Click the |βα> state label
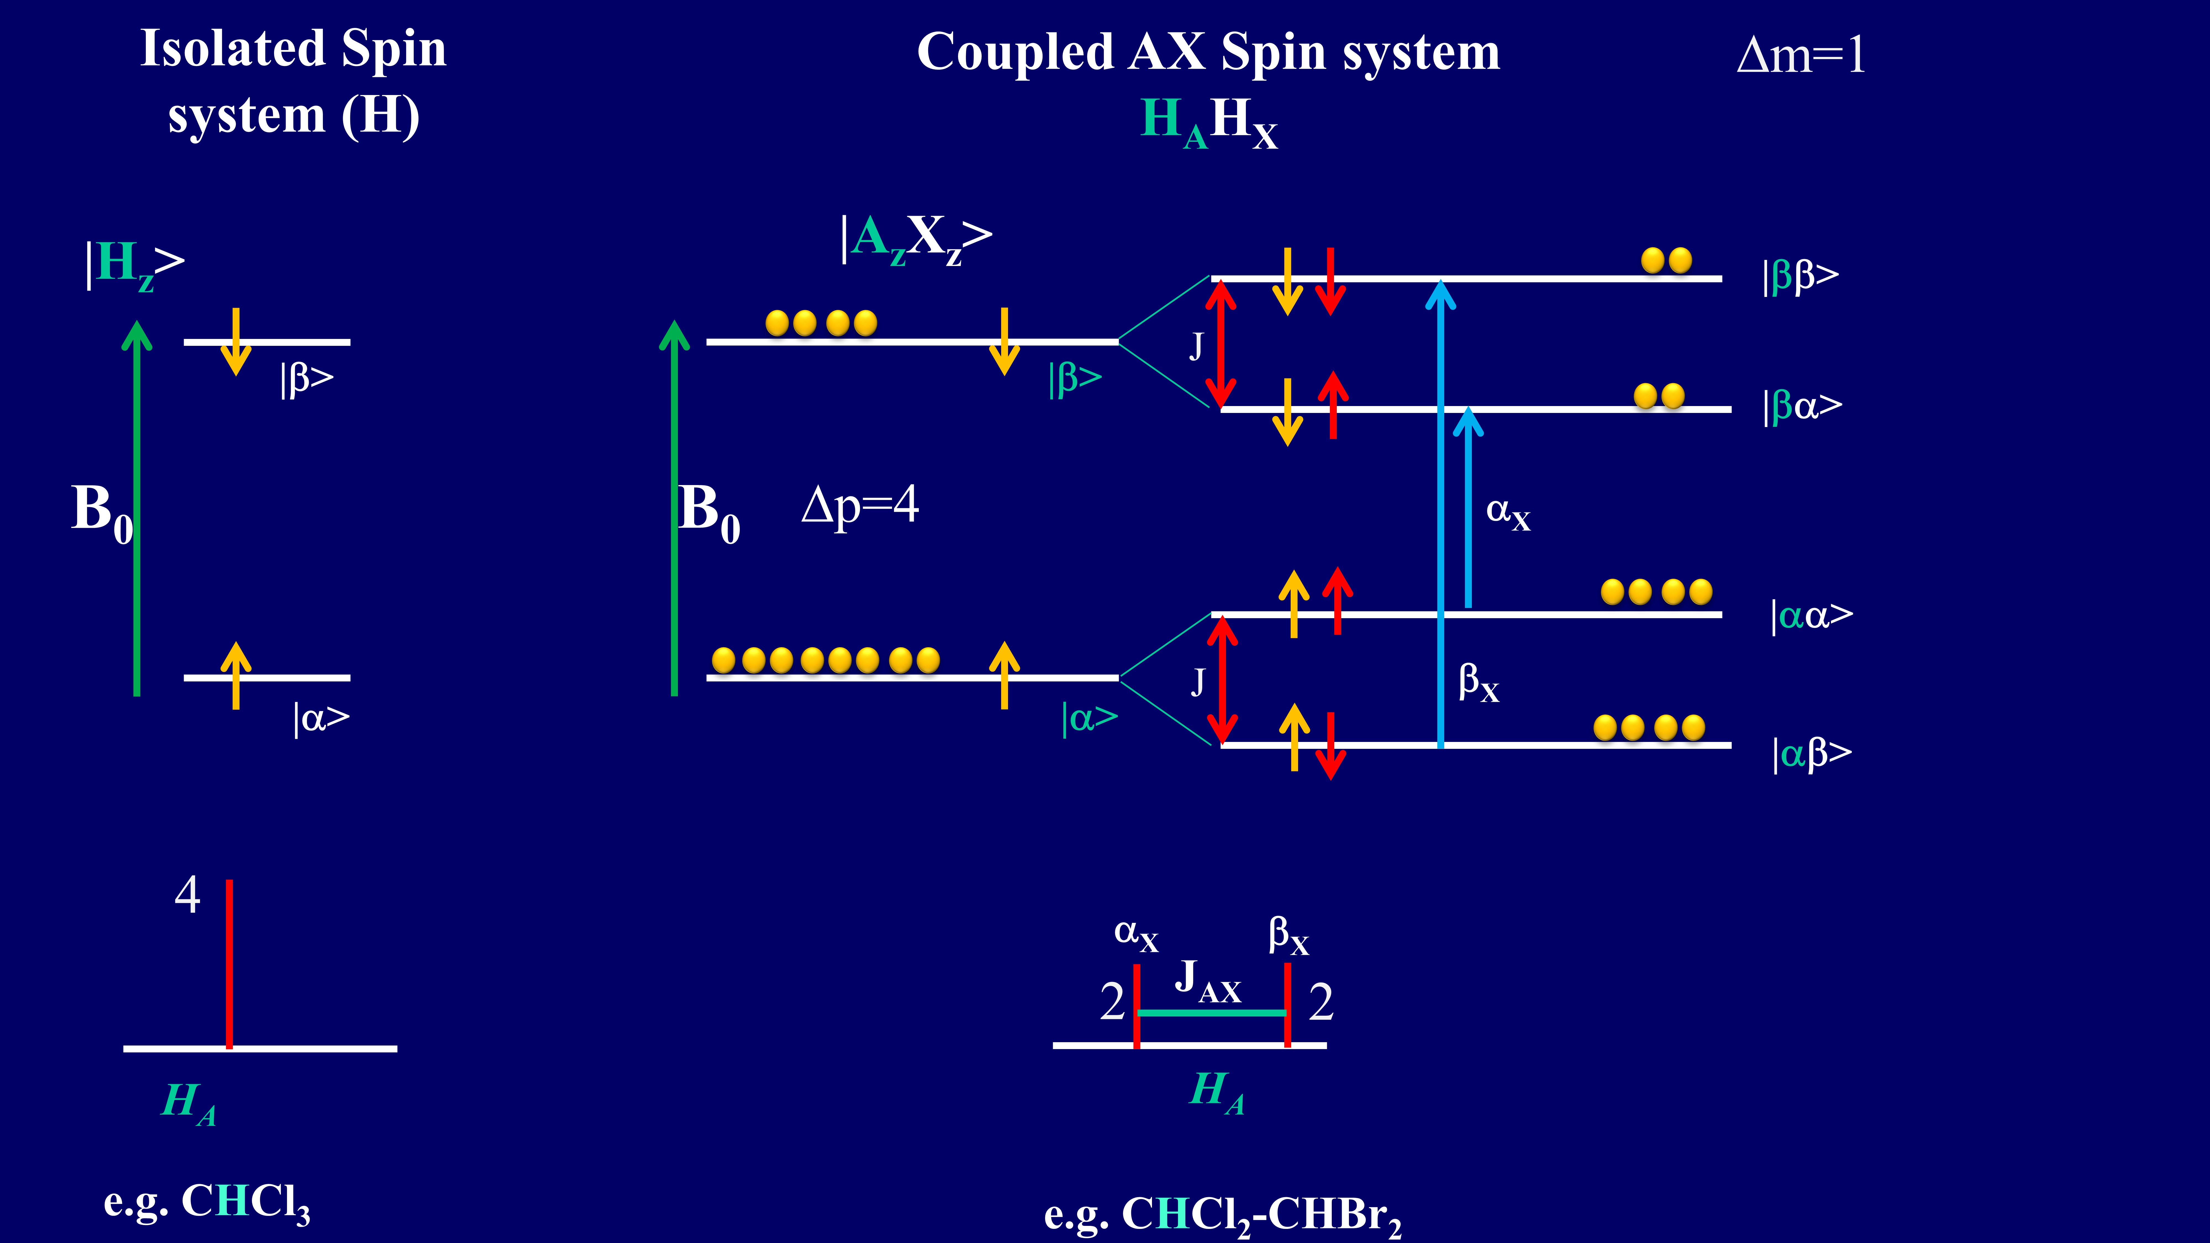(x=1802, y=406)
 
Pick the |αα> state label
(x=1810, y=615)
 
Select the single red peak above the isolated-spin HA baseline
(x=229, y=961)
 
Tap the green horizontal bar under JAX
(x=1211, y=1013)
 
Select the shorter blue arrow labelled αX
(x=1468, y=506)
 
